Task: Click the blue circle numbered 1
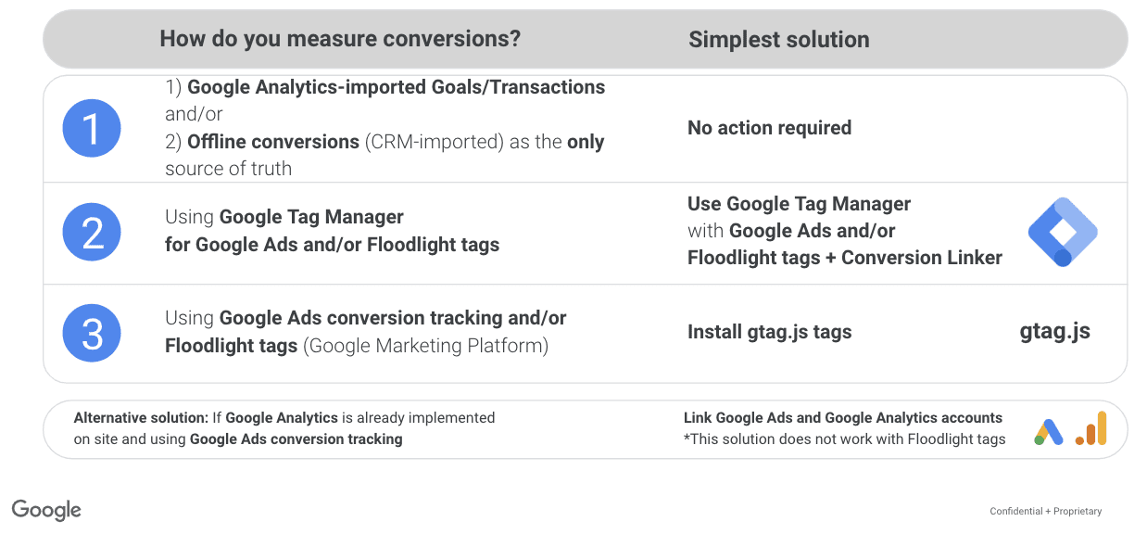(92, 128)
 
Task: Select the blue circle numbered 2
(92, 232)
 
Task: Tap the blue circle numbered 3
(92, 333)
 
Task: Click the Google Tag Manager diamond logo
(1063, 232)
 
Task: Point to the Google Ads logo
(1049, 432)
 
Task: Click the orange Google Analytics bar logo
(1091, 428)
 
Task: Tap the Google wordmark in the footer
(46, 511)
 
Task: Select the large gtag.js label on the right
(1055, 331)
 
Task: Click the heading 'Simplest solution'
(779, 40)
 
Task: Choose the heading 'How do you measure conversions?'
(340, 39)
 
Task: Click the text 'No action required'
(769, 128)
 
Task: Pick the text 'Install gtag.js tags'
(769, 332)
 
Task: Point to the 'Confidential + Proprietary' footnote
(1046, 511)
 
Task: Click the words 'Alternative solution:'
(141, 418)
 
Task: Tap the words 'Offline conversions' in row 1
(273, 142)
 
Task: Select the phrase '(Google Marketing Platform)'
(425, 346)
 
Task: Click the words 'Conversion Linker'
(922, 258)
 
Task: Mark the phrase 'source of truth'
(228, 169)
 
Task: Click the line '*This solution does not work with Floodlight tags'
(844, 439)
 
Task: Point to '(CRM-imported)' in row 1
(435, 142)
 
